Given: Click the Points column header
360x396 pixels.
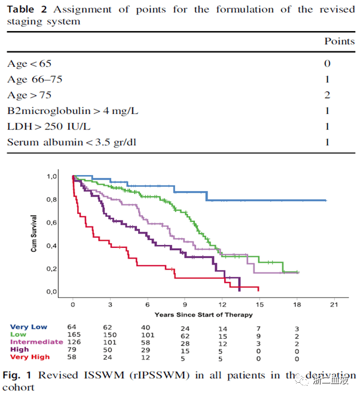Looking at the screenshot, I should (x=339, y=41).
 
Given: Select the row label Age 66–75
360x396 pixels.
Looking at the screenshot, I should (x=35, y=79).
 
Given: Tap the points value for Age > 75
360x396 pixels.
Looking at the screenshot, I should (x=327, y=95).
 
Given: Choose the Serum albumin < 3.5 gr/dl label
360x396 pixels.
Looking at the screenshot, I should (x=71, y=142).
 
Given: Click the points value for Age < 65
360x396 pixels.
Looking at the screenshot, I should (x=327, y=63).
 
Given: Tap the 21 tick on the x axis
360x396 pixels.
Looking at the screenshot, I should (x=335, y=304).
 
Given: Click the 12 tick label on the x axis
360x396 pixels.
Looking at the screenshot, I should (x=222, y=304).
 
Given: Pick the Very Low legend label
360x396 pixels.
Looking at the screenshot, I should (x=29, y=327).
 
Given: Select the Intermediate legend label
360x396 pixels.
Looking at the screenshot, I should (x=36, y=342).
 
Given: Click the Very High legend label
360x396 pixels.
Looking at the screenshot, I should (x=30, y=357).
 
